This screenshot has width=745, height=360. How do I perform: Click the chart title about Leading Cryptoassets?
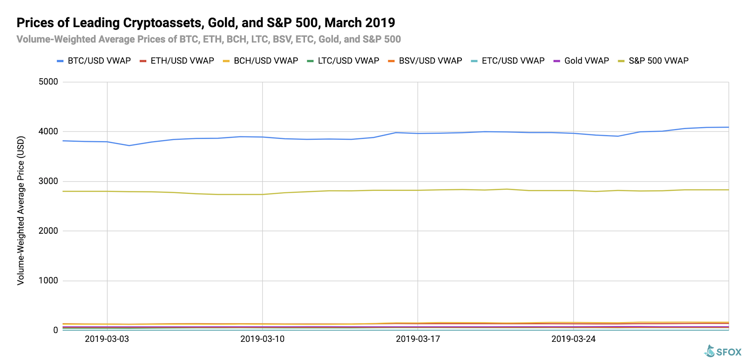click(205, 23)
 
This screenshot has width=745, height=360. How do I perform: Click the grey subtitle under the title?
click(209, 40)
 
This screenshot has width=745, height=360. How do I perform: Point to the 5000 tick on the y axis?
click(48, 82)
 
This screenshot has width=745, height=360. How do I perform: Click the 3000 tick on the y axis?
click(48, 181)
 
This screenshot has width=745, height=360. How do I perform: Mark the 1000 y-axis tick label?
click(48, 280)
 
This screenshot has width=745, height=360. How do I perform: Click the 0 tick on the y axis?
click(55, 330)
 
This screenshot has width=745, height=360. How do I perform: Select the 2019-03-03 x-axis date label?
click(107, 339)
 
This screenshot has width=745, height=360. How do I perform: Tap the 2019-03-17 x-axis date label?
click(418, 339)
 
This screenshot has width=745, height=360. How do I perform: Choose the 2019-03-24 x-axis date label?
click(573, 339)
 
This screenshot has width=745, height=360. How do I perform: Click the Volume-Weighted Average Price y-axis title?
click(21, 211)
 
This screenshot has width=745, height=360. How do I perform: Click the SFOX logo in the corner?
click(723, 352)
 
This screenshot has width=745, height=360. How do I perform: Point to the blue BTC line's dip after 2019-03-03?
click(129, 145)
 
